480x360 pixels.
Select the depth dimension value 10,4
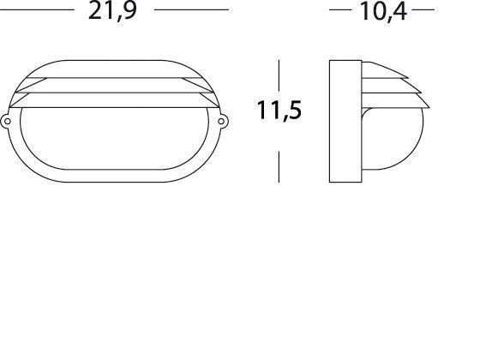click(381, 11)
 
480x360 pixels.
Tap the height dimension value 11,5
click(279, 111)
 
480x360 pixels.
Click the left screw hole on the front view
click(8, 122)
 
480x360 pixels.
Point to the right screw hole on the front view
click(222, 122)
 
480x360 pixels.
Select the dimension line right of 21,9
click(192, 9)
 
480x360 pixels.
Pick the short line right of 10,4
click(423, 10)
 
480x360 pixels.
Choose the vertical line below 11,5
click(279, 165)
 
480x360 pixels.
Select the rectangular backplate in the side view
click(345, 122)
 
